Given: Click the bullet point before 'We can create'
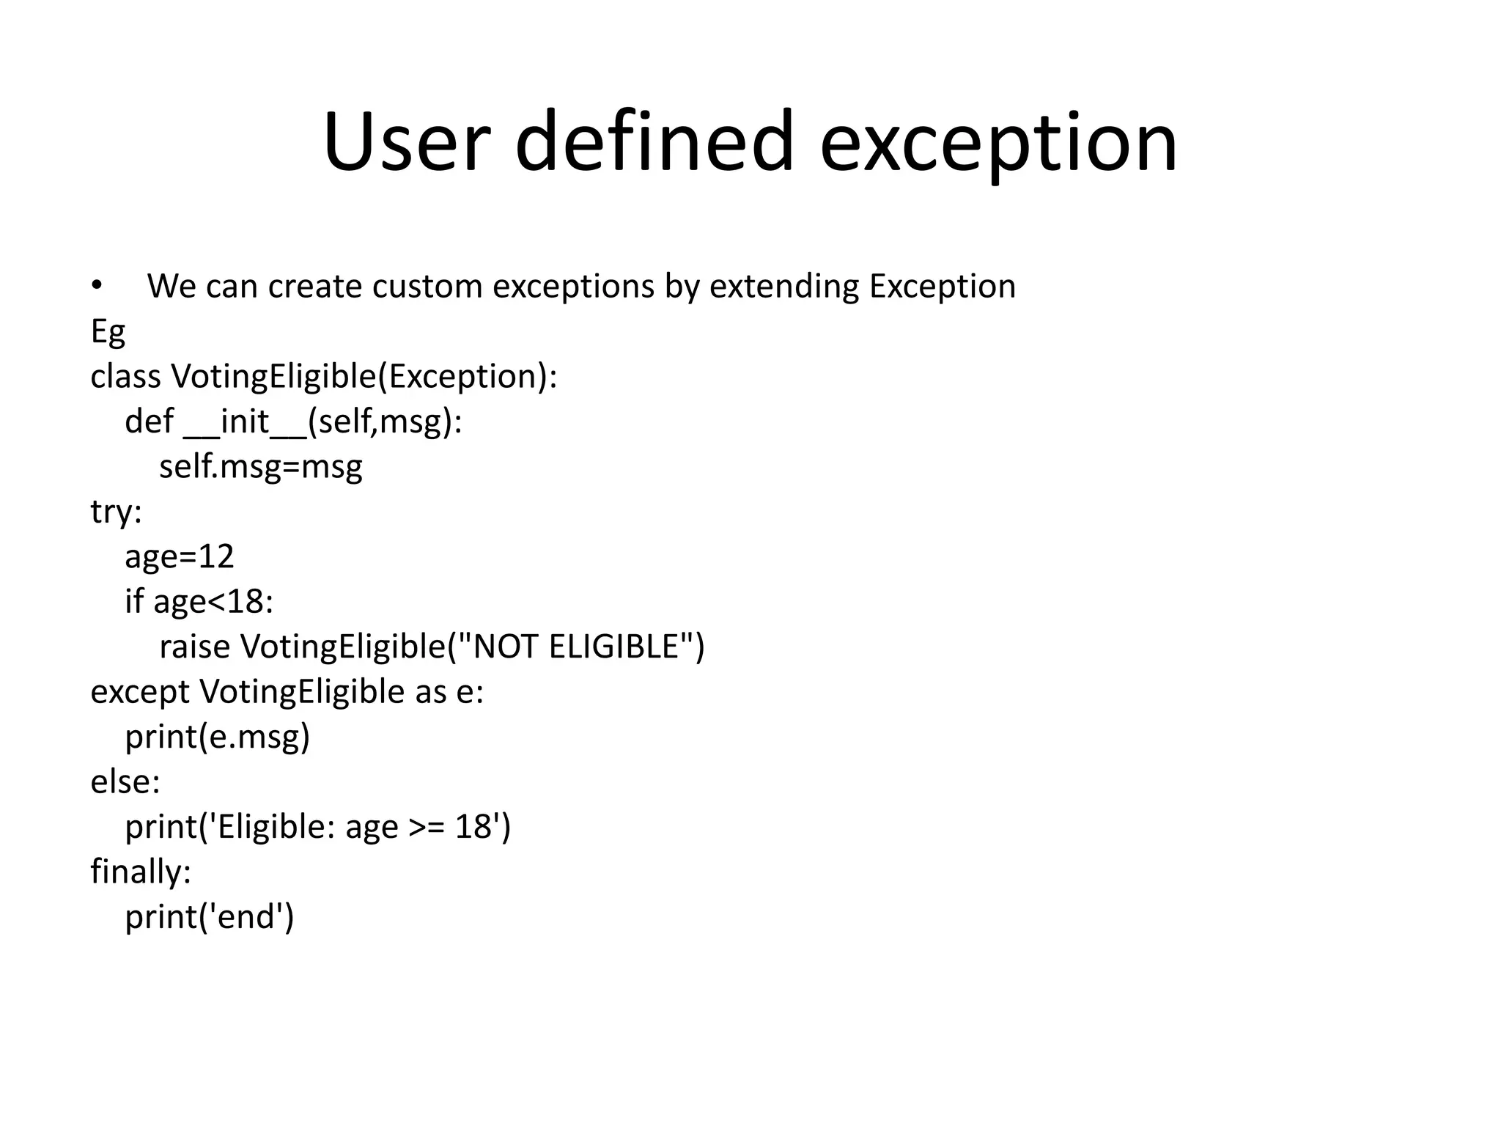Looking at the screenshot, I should click(97, 285).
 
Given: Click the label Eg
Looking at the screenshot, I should click(108, 331).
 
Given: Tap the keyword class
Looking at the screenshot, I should click(125, 376).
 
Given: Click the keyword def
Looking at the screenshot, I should click(149, 422).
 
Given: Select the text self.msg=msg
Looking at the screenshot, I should click(261, 466).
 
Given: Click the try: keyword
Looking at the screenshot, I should click(116, 512).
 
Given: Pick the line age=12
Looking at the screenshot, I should click(180, 556).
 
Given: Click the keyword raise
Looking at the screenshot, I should click(194, 647).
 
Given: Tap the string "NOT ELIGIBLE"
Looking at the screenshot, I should click(575, 647).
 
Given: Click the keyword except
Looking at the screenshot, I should click(139, 691).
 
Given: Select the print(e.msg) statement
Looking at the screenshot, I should click(218, 737).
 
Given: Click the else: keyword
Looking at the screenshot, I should click(125, 781).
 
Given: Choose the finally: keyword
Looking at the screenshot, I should click(141, 872).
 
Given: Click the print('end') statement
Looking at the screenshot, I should click(210, 916).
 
